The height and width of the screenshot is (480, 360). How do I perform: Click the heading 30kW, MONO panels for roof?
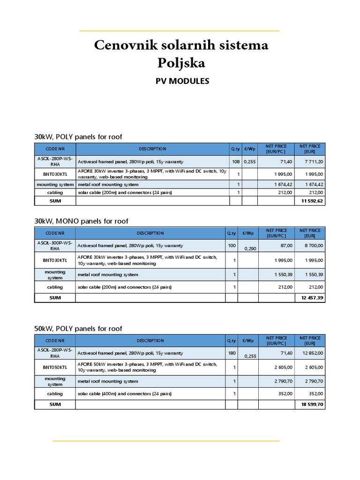coord(81,221)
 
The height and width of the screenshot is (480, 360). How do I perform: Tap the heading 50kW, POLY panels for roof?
coord(78,329)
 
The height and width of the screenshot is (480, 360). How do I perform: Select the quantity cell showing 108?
coord(235,162)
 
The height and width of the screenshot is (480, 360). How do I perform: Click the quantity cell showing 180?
coord(232,353)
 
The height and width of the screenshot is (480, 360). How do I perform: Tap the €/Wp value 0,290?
coord(250,248)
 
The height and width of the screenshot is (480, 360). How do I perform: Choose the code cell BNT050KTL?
coord(55,367)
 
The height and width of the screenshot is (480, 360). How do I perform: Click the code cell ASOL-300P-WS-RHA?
coord(55,246)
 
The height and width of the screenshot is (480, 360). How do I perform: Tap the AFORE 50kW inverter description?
coord(147,367)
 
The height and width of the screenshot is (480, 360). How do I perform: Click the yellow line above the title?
coord(180,31)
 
